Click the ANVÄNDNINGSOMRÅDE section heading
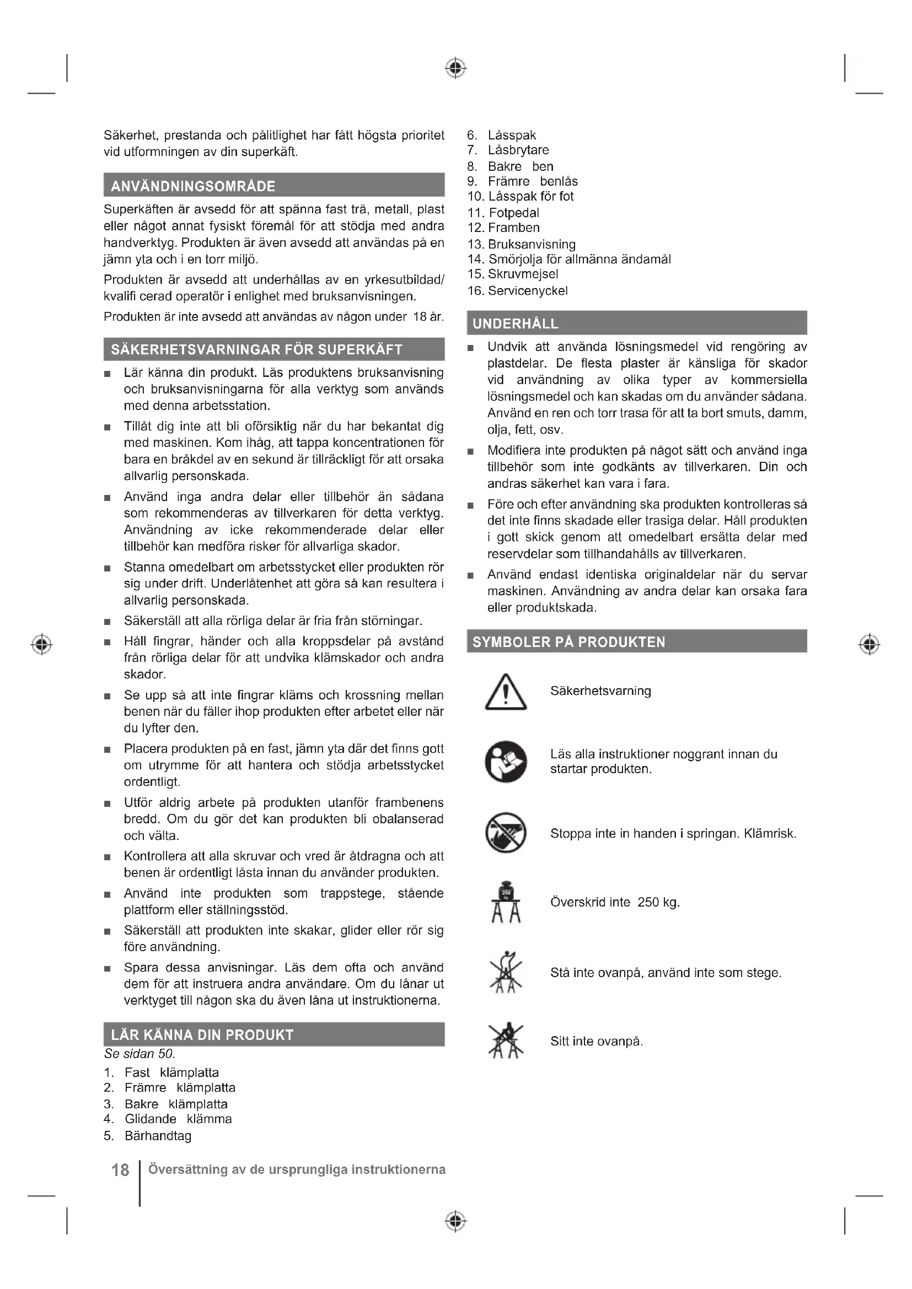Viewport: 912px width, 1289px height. pos(193,186)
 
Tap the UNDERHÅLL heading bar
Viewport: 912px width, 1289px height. pos(516,323)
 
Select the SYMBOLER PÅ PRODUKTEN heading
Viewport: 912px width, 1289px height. pos(568,641)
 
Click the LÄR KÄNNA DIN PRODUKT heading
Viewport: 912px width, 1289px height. pos(202,1035)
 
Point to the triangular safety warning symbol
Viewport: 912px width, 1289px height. pos(506,693)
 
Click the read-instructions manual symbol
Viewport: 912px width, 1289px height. pos(506,761)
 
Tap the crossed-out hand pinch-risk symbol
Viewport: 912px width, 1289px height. pos(506,832)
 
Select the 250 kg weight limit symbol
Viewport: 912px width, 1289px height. pos(506,902)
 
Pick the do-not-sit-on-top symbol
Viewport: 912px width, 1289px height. pos(506,1040)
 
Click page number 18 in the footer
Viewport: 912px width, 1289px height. pos(120,1170)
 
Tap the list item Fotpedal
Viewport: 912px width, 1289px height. pos(513,213)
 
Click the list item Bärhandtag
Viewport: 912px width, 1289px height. pos(158,1136)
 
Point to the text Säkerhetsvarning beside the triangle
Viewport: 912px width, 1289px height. pos(600,691)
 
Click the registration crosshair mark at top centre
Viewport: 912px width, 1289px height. pos(455,67)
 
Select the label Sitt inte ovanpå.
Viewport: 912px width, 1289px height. pos(597,1042)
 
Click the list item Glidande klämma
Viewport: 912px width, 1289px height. pos(178,1119)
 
